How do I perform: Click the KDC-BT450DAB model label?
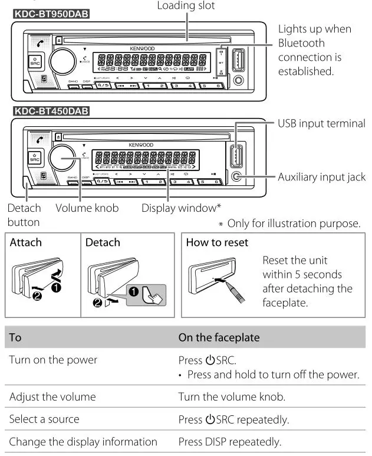51,110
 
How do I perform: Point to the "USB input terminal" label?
322,123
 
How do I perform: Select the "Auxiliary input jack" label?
322,177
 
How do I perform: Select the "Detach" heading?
103,242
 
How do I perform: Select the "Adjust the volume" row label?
46,397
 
